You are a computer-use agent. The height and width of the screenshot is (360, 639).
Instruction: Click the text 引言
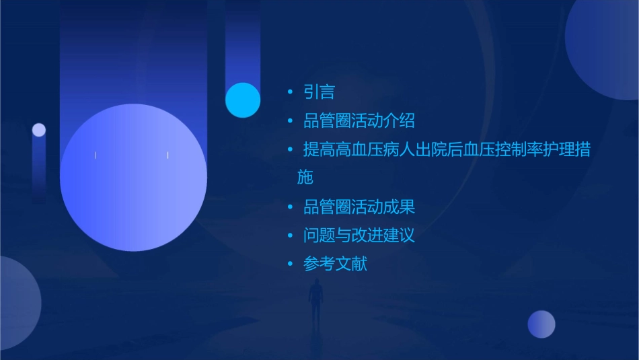point(319,92)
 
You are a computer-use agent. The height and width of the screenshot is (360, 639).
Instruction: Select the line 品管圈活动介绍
point(359,121)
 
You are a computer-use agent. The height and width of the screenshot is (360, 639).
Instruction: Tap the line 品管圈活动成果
point(359,207)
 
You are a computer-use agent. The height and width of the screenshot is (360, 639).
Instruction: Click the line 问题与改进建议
point(359,236)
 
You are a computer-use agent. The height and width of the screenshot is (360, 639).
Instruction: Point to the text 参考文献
point(335,264)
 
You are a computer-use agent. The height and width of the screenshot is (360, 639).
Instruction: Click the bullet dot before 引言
point(290,92)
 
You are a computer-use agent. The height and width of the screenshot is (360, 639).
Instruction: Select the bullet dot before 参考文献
point(290,264)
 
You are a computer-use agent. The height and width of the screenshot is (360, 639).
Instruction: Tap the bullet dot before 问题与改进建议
point(290,236)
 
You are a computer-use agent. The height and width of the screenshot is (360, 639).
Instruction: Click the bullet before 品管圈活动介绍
point(290,121)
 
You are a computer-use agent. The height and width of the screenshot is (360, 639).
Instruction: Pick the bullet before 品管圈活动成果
point(290,207)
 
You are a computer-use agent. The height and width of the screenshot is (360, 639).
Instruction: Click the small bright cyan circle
point(243,100)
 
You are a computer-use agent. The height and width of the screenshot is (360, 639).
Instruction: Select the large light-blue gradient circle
point(133,178)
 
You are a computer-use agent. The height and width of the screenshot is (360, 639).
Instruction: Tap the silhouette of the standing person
point(315,300)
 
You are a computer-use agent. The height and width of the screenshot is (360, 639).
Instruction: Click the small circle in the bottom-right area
point(541,324)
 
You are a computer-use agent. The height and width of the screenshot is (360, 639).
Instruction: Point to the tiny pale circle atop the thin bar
point(39,130)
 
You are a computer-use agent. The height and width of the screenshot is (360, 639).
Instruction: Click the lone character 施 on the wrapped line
point(305,178)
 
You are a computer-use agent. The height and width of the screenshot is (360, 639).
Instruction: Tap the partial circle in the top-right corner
point(605,47)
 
